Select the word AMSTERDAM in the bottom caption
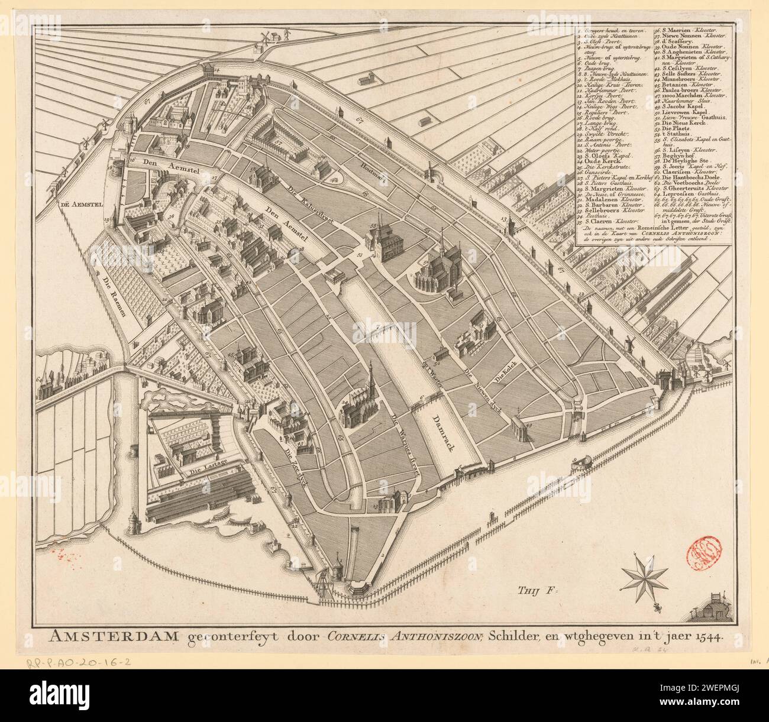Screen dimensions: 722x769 (x=98, y=636)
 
